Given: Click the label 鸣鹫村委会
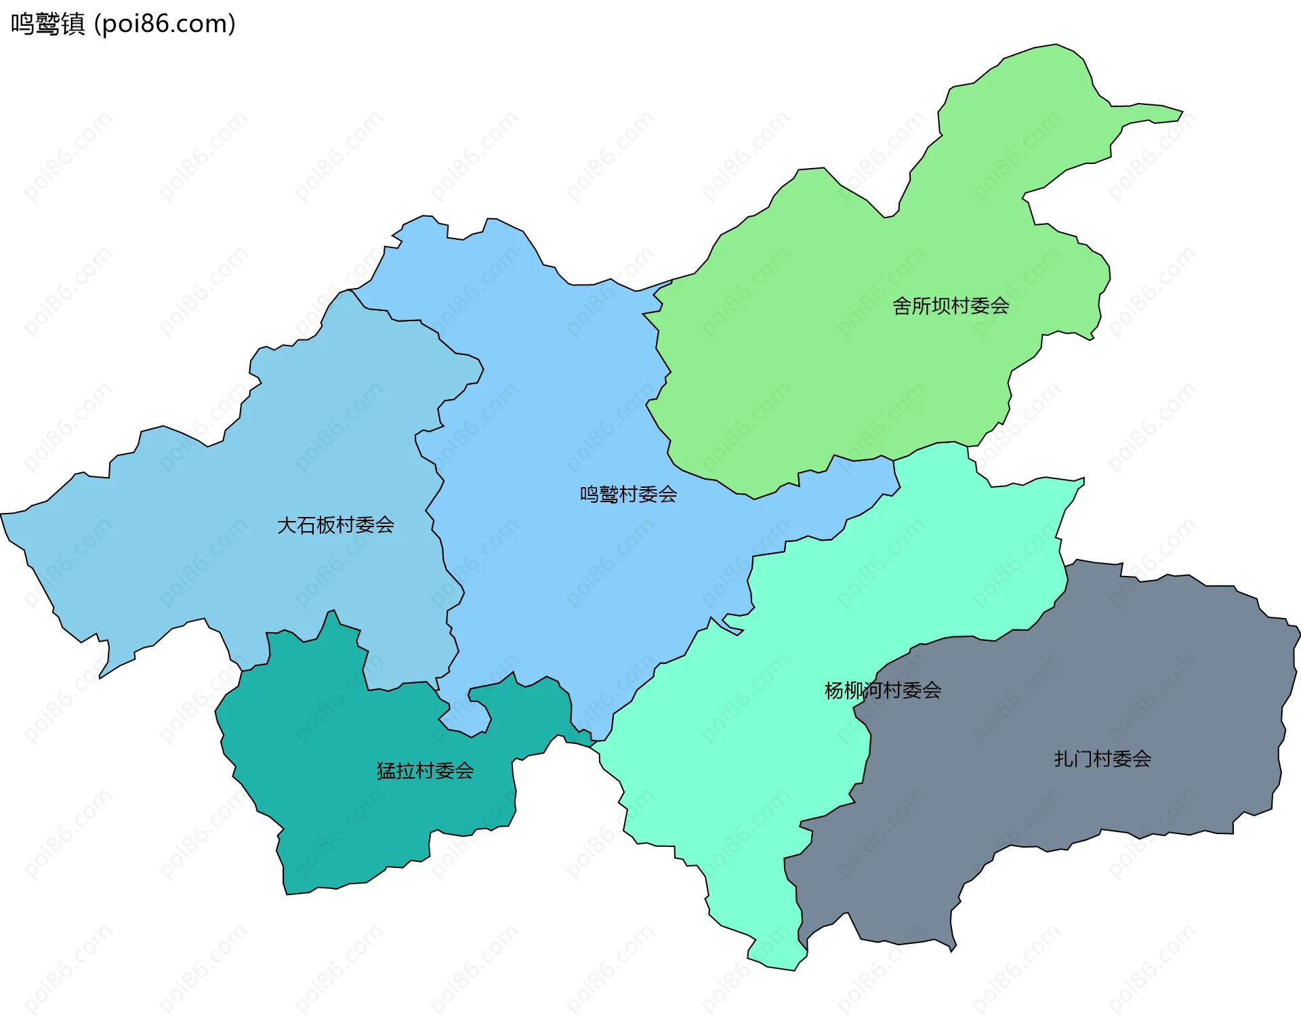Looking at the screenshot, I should tap(628, 494).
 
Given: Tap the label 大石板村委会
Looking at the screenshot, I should tap(335, 524).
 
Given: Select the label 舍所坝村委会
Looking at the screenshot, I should tap(951, 306).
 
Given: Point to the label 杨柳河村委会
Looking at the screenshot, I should tap(882, 690).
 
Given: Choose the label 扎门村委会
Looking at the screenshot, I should tap(1102, 758).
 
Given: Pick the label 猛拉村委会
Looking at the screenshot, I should tap(425, 770).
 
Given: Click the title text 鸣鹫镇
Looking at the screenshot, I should tap(47, 24).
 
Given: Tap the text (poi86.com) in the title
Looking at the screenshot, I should tap(165, 24).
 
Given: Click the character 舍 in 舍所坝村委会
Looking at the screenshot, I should tap(902, 306).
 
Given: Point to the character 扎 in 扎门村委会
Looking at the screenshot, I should tap(1064, 758).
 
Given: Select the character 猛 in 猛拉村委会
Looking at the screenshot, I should tap(386, 770).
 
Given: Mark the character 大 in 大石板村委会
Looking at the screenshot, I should tap(287, 524).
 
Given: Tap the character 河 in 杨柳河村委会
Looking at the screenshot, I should tap(873, 690).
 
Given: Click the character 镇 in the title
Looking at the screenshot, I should tap(73, 24).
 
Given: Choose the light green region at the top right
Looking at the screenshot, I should tap(847, 373).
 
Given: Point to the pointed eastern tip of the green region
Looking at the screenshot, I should tap(1182, 112).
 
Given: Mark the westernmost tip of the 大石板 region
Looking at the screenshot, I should tap(2, 515).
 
